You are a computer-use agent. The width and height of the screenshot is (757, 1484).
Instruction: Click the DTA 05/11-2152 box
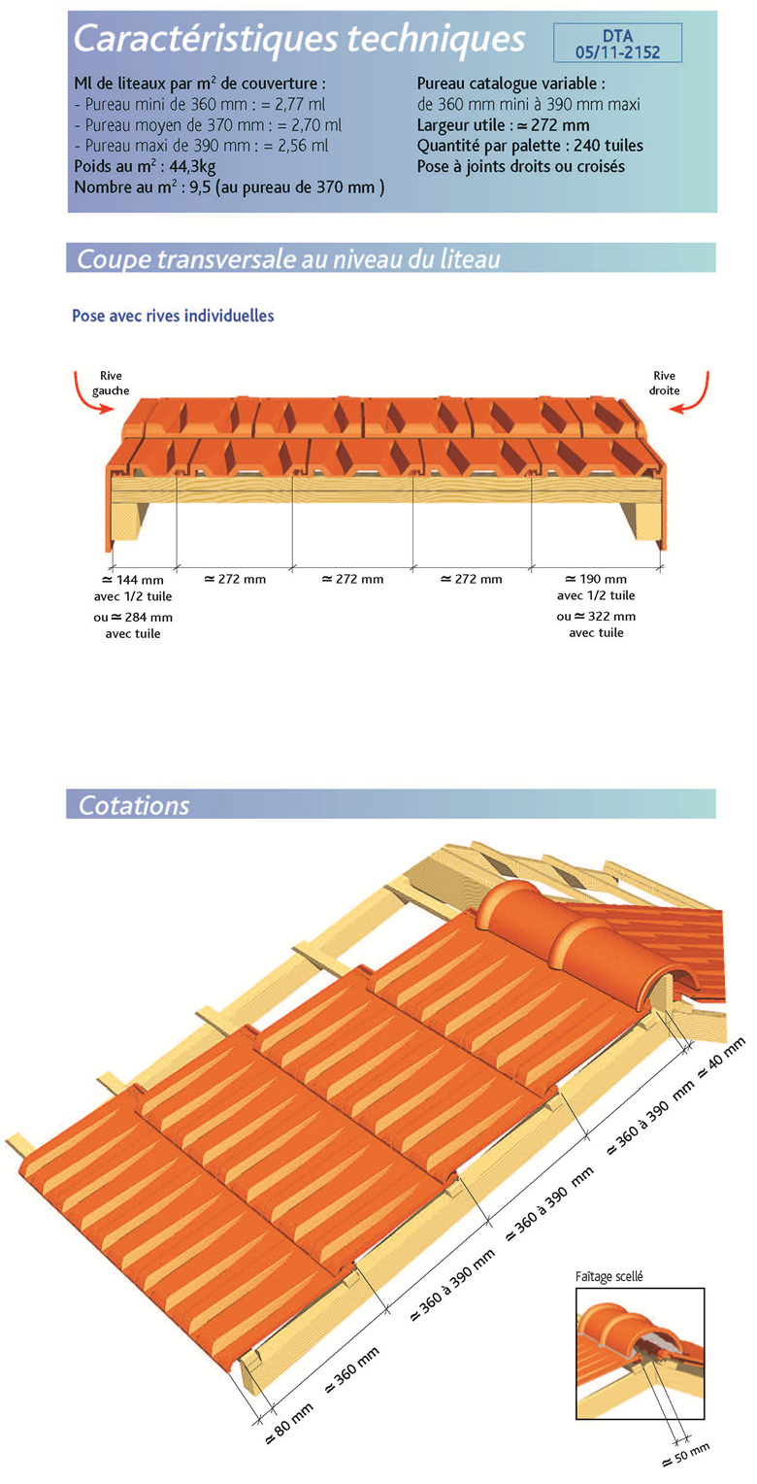[617, 43]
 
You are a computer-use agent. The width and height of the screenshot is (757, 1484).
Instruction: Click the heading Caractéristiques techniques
[300, 39]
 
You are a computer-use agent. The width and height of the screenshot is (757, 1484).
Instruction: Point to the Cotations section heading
[134, 805]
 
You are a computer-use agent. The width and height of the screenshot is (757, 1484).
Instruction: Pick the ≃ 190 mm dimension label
[595, 580]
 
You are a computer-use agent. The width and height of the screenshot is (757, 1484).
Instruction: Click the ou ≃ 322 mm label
[595, 617]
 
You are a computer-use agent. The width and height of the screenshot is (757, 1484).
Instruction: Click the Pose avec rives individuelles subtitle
[173, 317]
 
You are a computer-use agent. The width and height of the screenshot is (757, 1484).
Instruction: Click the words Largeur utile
[461, 125]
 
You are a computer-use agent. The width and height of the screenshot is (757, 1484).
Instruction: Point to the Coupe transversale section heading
[288, 259]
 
